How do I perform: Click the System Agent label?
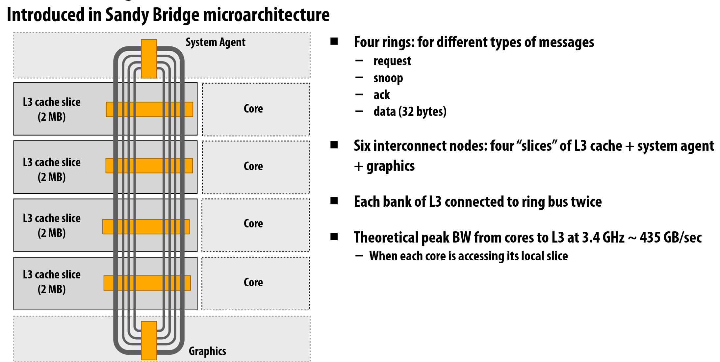click(x=216, y=42)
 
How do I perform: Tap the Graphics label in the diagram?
click(x=207, y=351)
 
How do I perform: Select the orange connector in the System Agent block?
click(x=149, y=59)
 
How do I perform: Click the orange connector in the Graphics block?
click(x=149, y=341)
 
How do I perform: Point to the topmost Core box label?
click(x=253, y=109)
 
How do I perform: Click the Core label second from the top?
click(x=253, y=166)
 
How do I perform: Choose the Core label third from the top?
click(x=253, y=223)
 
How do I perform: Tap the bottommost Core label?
click(x=253, y=282)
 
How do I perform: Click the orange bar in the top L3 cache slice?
click(x=149, y=109)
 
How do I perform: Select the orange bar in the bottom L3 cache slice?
click(x=147, y=283)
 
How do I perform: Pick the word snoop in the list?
click(x=388, y=78)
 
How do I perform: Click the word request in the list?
click(x=392, y=61)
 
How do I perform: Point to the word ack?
click(x=381, y=95)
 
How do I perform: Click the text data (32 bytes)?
click(x=410, y=112)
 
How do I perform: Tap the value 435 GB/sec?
click(x=671, y=238)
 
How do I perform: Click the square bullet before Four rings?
click(x=334, y=41)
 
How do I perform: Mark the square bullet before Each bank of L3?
click(x=334, y=201)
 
